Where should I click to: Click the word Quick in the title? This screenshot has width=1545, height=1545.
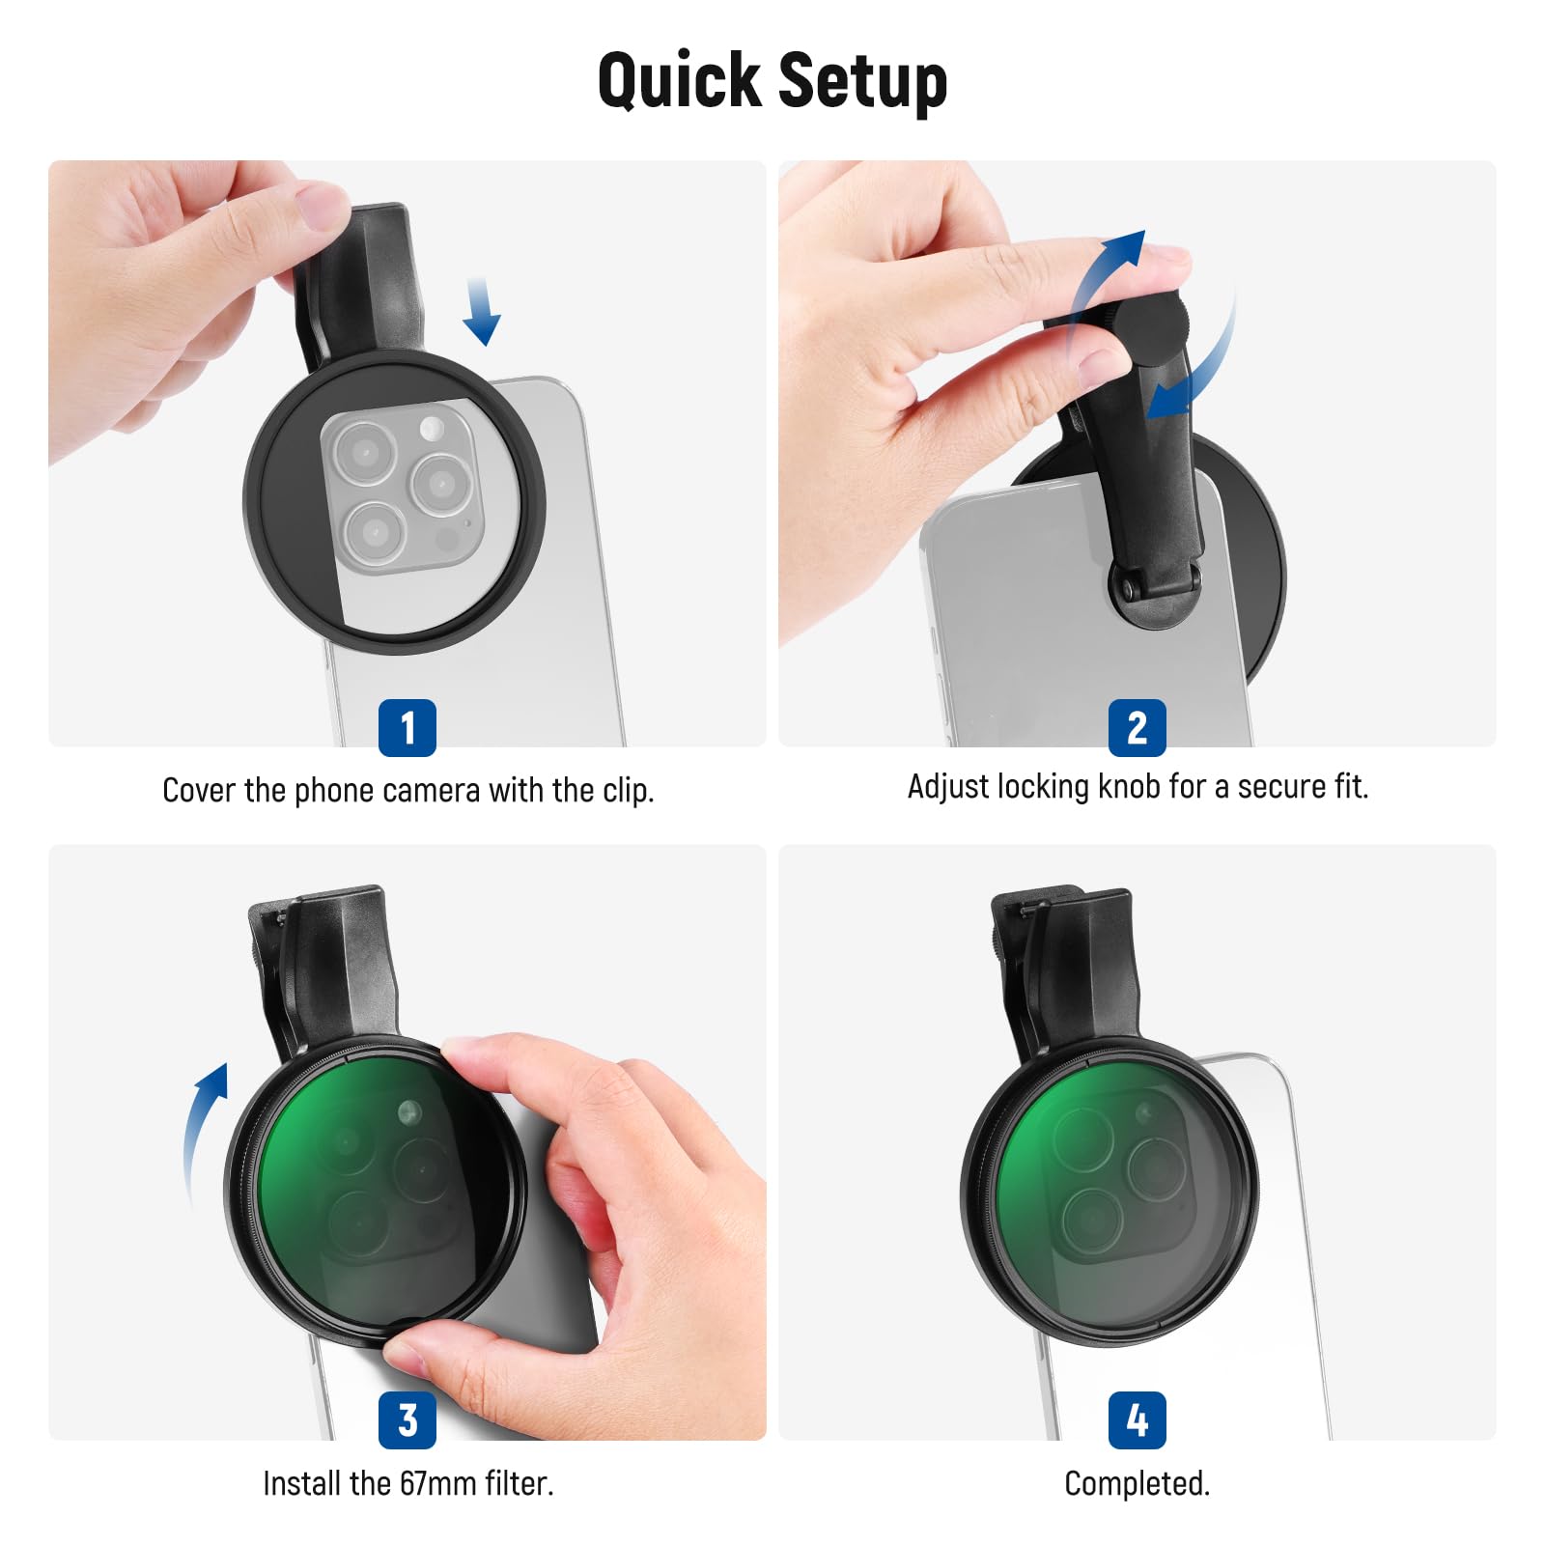click(679, 81)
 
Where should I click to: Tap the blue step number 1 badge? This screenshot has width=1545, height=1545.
click(407, 727)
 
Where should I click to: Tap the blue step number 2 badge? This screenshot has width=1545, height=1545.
click(1138, 727)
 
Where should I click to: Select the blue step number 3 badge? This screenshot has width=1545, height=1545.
click(407, 1419)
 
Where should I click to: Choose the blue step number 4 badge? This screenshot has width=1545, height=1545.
click(1138, 1419)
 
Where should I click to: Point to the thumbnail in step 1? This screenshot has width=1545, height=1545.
click(323, 205)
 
